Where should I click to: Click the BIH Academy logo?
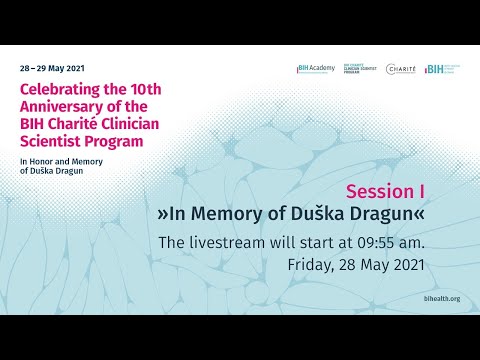point(315,69)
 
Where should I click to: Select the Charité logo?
point(401,69)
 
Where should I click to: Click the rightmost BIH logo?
point(441,69)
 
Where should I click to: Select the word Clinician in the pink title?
point(129,124)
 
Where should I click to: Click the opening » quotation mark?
point(163,214)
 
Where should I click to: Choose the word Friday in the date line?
point(308,265)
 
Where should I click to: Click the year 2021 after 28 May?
point(406,265)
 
